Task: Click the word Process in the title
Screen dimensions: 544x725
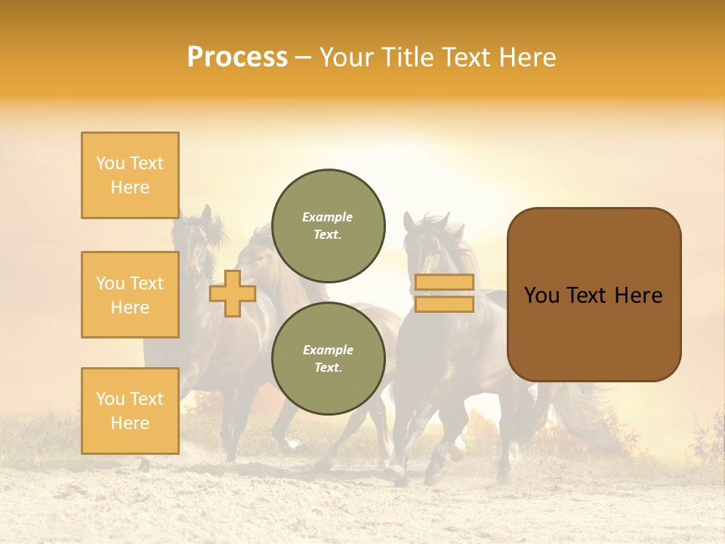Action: (x=237, y=57)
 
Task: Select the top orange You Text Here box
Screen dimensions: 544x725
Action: (x=130, y=175)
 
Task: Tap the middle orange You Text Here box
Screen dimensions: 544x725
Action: (x=130, y=295)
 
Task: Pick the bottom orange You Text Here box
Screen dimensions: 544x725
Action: (x=130, y=410)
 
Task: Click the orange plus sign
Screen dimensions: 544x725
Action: (x=233, y=293)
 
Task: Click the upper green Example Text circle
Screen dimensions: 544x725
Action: (x=328, y=225)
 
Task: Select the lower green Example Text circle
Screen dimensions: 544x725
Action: (x=328, y=358)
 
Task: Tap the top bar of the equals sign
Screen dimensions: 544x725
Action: (x=444, y=283)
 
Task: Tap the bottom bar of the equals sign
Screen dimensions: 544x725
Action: (x=444, y=304)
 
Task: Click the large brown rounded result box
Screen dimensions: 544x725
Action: (x=594, y=332)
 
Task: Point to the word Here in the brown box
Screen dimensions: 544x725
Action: (x=639, y=295)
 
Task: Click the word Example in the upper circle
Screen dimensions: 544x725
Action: (x=328, y=217)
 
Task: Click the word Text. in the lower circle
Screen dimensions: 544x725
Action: (x=328, y=367)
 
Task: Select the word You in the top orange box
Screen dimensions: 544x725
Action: (x=110, y=163)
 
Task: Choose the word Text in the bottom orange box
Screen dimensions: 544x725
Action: (x=146, y=399)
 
